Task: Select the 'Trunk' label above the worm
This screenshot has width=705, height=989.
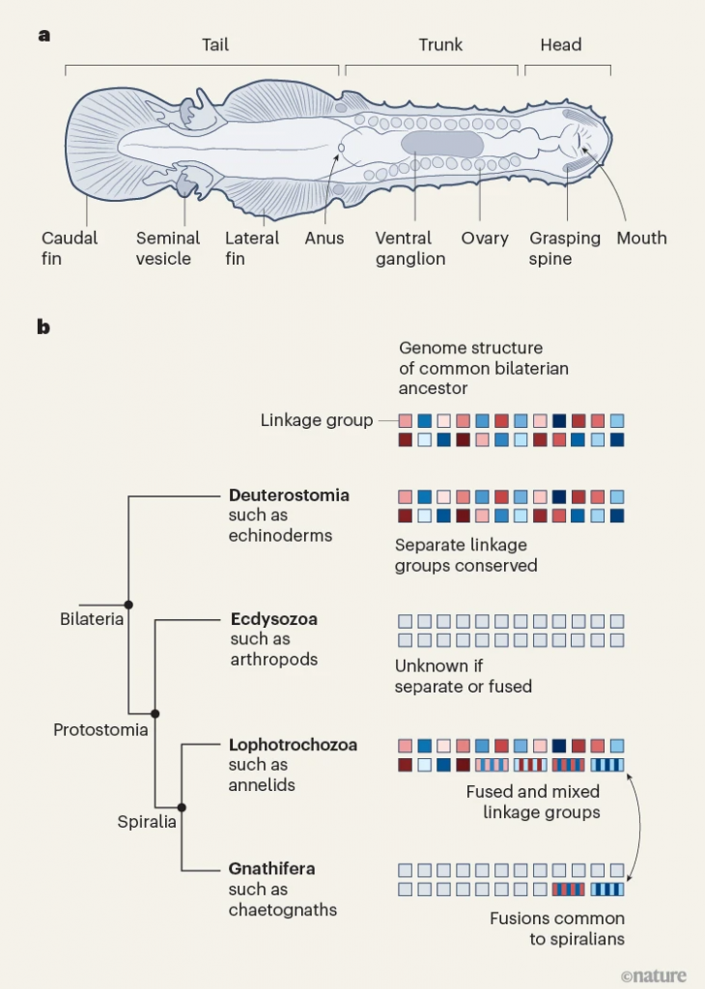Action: point(440,44)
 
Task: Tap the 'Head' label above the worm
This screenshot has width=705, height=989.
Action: point(561,44)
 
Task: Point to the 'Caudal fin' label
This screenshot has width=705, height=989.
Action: point(70,247)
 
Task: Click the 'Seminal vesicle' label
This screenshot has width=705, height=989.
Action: point(168,247)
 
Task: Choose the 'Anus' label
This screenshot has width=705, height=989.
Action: point(324,238)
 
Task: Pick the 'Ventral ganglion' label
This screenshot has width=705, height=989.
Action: point(410,247)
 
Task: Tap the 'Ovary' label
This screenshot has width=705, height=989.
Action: point(485,238)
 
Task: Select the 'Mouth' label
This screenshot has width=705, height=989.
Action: point(641,238)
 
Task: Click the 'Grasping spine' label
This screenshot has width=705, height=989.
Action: point(565,247)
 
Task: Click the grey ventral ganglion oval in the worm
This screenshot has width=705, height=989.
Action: point(441,145)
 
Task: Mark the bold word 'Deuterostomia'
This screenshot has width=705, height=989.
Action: point(289,494)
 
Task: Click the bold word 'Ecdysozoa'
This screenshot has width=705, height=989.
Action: point(273,619)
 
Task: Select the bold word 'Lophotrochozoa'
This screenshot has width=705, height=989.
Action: point(293,745)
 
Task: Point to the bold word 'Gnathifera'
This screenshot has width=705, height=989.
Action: point(271,868)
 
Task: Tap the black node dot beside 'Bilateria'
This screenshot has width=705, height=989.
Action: point(128,605)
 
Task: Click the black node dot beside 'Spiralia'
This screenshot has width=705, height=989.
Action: point(181,806)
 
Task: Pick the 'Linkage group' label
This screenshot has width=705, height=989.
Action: point(317,420)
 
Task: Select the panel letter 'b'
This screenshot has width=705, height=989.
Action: point(42,326)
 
